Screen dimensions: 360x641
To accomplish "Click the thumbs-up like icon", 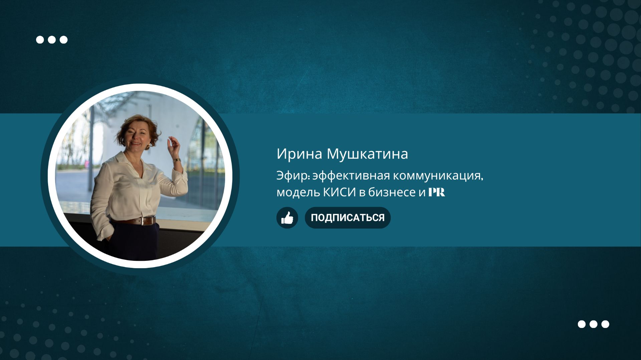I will [287, 218].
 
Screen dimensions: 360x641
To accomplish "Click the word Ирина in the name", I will [299, 154].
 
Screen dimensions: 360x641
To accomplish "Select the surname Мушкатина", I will [367, 154].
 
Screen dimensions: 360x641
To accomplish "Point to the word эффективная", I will [351, 176].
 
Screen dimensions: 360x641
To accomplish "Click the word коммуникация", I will [437, 176].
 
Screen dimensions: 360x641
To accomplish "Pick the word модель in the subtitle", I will [298, 192].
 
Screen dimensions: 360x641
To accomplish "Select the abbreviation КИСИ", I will [339, 192].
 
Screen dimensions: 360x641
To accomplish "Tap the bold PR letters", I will [437, 192].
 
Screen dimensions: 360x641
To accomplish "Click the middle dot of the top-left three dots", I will [52, 40].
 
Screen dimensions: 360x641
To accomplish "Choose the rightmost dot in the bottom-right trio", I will [605, 324].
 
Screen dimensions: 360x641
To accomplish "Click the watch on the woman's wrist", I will [177, 161].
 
